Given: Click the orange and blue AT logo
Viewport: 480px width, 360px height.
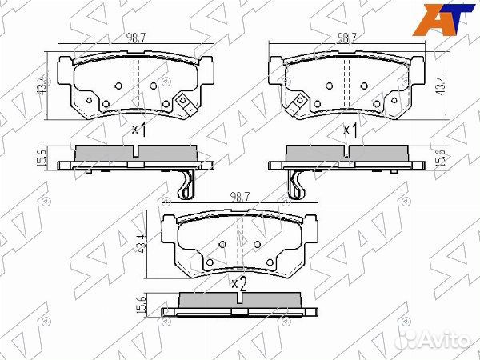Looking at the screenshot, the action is click(443, 19).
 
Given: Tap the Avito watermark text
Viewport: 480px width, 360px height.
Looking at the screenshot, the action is click(437, 339).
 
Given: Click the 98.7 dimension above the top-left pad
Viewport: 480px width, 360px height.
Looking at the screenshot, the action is click(136, 38).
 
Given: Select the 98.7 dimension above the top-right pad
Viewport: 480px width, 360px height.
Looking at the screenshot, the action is click(347, 38).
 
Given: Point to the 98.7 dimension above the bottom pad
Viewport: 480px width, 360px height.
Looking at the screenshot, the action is click(240, 197).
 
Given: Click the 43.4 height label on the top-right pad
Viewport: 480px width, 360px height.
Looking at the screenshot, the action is click(441, 86).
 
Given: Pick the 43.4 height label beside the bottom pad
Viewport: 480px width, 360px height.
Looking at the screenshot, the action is click(141, 244).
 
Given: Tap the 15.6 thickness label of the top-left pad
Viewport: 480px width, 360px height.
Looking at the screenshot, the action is click(42, 158).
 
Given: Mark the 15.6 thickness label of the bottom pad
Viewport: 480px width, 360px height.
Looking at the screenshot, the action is click(141, 304).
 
